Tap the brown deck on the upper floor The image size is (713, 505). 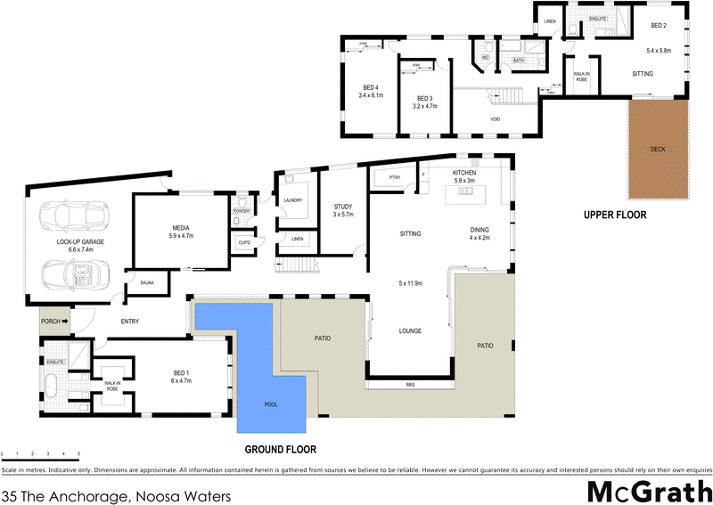[658, 149]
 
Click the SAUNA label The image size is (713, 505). [147, 282]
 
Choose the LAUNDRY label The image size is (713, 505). [293, 200]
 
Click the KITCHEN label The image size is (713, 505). [466, 172]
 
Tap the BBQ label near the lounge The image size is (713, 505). [410, 385]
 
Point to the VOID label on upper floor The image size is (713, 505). [495, 118]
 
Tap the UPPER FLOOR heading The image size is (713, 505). [615, 215]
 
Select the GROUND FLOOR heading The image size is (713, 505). [281, 450]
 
